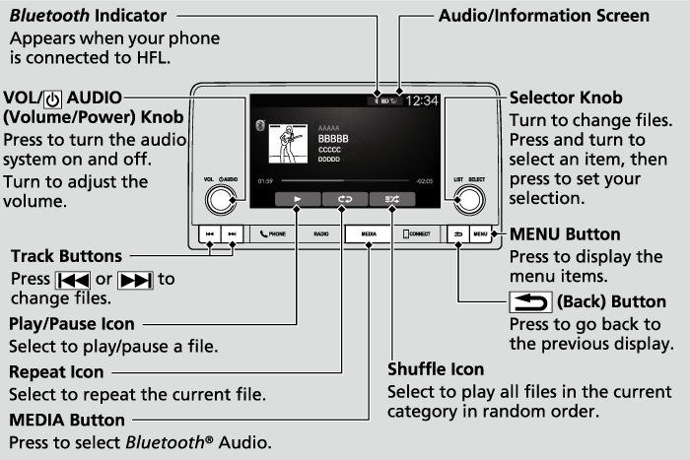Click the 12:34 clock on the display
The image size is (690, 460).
tap(423, 100)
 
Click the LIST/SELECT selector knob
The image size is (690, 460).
tap(470, 200)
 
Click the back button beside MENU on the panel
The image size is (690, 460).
tap(459, 235)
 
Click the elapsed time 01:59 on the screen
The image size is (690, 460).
tap(265, 182)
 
